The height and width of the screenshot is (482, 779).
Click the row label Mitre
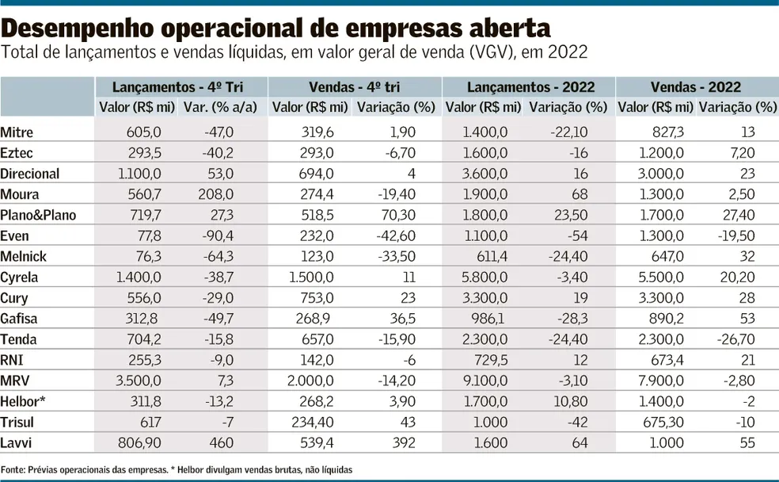(x=17, y=132)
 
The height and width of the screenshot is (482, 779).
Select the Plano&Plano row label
(x=39, y=215)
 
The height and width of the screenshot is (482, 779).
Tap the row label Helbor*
(x=23, y=401)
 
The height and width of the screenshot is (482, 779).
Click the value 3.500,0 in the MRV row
(x=141, y=381)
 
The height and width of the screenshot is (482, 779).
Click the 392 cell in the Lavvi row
(x=406, y=442)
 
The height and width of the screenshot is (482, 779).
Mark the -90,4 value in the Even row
(x=217, y=235)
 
